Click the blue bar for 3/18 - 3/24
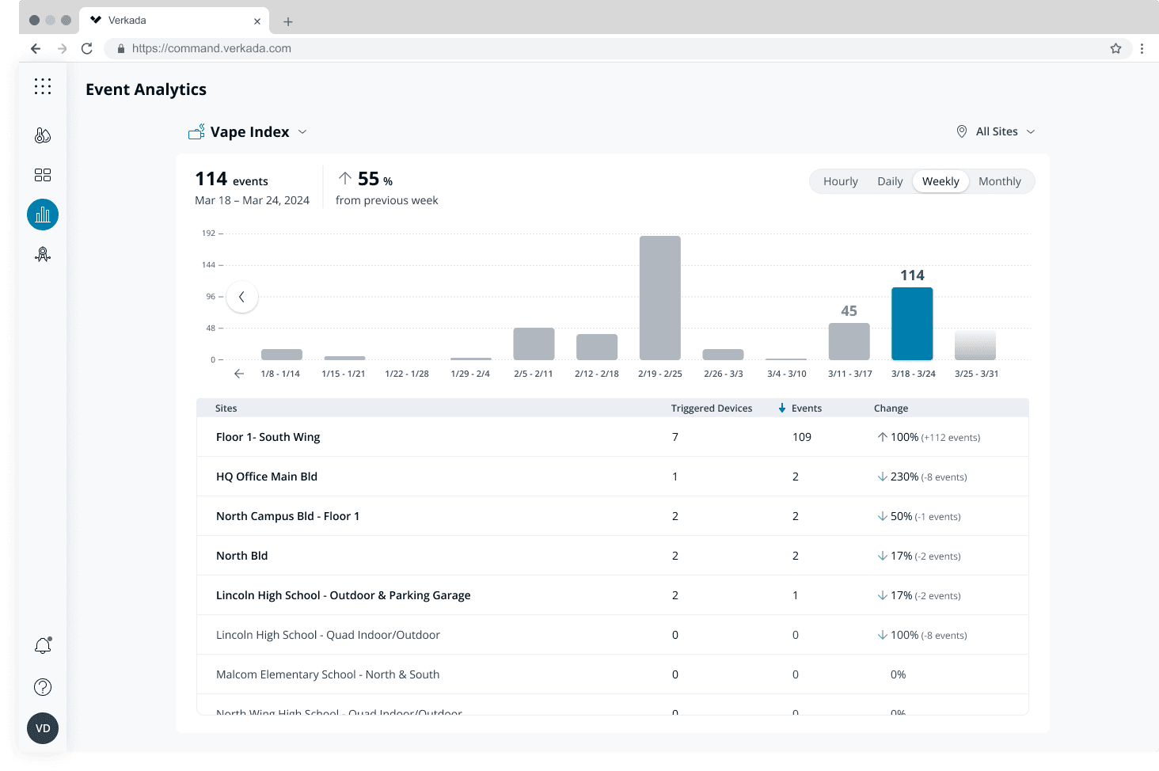[912, 324]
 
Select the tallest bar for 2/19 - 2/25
[659, 298]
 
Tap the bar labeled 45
[849, 341]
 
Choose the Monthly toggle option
[999, 181]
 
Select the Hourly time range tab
[840, 181]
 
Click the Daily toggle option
[890, 181]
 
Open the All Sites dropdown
[996, 131]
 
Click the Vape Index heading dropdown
[249, 132]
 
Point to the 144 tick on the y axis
[208, 265]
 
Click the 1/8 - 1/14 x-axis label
[280, 374]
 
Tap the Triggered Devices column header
[711, 408]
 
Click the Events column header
[806, 408]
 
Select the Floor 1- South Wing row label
[268, 437]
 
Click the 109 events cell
[801, 437]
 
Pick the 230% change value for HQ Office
[904, 477]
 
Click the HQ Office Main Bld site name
[266, 477]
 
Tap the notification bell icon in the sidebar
[43, 646]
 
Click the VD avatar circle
[43, 728]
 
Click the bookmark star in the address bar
[1115, 48]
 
